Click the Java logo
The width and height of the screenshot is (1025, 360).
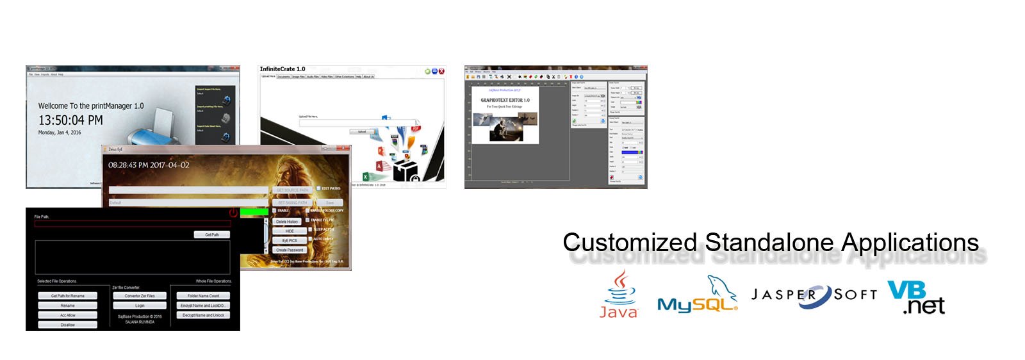618,295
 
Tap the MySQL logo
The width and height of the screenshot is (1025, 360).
697,298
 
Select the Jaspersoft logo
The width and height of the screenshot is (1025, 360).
814,295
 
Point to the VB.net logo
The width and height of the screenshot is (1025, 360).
916,298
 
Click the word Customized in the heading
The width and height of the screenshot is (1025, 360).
629,243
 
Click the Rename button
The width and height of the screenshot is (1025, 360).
67,306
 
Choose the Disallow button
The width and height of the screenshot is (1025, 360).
67,325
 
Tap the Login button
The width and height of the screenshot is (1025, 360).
140,306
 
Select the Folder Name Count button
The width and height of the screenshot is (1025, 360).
203,296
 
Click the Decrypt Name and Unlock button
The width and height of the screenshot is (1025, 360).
203,315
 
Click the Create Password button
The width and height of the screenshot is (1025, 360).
290,250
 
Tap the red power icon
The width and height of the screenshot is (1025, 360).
233,213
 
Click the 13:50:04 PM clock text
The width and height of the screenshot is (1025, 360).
70,120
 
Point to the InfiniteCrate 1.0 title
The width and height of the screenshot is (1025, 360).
283,69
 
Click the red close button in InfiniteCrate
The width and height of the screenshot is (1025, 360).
441,71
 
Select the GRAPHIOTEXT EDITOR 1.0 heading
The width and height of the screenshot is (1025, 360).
505,100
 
